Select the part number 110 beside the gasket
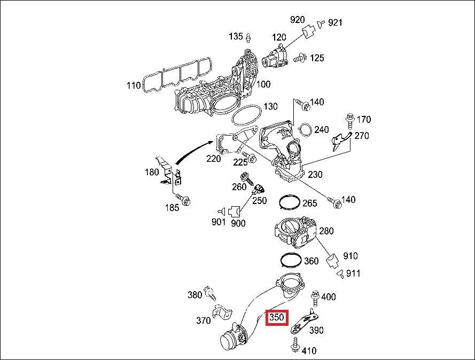133,85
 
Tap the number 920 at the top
297,20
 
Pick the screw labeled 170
349,119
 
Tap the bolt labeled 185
185,200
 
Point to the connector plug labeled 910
332,261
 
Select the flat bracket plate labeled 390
302,322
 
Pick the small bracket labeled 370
221,314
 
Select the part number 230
315,175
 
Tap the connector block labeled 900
234,211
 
